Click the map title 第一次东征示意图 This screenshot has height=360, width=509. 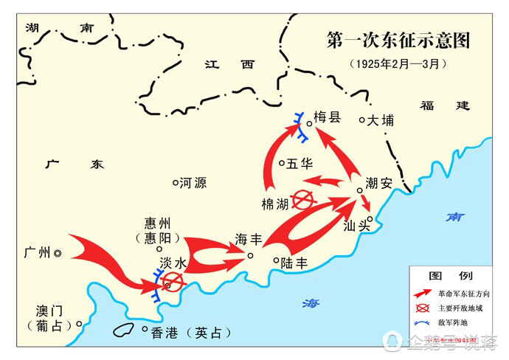pyautogui.click(x=399, y=40)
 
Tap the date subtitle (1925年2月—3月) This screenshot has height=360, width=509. pyautogui.click(x=398, y=63)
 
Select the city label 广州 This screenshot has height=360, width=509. pyautogui.click(x=37, y=253)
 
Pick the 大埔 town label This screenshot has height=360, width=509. pyautogui.click(x=381, y=120)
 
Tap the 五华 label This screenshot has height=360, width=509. pyautogui.click(x=300, y=163)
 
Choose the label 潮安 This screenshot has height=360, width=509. pyautogui.click(x=378, y=183)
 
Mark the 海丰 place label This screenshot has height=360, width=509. pyautogui.click(x=249, y=240)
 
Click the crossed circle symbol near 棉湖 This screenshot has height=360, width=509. pyautogui.click(x=302, y=199)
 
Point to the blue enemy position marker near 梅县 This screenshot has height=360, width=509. pyautogui.click(x=301, y=126)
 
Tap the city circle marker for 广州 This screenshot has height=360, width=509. pyautogui.click(x=57, y=253)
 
